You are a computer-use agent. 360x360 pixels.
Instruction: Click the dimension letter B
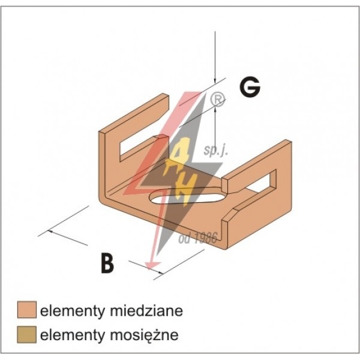point(107,263)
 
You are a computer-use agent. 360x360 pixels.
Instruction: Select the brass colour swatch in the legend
point(27,334)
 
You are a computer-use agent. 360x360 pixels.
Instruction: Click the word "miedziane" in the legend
point(146,311)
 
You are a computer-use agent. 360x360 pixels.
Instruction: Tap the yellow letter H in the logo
point(179,191)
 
